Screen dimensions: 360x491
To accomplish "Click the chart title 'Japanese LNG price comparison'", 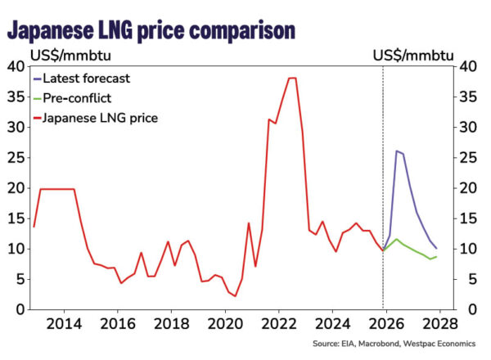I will (x=151, y=30).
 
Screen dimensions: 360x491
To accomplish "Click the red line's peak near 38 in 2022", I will (x=292, y=78).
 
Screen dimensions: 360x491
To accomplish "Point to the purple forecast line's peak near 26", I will (x=396, y=151).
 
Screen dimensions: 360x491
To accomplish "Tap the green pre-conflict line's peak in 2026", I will (x=396, y=239).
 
